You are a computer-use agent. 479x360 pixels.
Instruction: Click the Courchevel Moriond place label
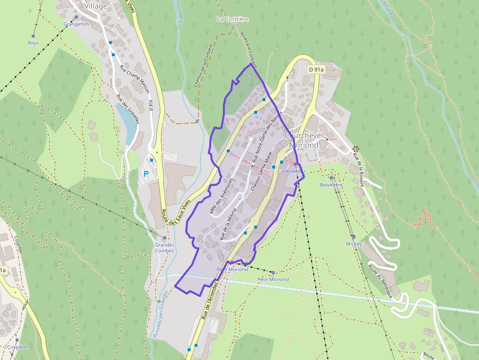tap(304, 140)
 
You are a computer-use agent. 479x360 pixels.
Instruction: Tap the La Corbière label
tap(233, 19)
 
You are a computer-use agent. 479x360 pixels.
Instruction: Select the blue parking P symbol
tap(146, 173)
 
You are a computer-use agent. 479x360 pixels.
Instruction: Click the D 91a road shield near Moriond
tap(316, 70)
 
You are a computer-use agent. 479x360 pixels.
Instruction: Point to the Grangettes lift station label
tap(76, 24)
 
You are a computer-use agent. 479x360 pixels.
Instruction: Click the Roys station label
tap(33, 43)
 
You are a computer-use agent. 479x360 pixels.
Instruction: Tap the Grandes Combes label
tap(164, 248)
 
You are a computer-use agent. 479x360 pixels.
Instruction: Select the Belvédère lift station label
tap(331, 185)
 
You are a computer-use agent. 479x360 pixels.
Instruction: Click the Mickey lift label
tap(354, 244)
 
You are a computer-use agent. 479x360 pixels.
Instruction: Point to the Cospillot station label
tap(17, 346)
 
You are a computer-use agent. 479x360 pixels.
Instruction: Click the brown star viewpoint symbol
tap(355, 148)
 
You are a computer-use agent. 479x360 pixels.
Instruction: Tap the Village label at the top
tap(96, 6)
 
